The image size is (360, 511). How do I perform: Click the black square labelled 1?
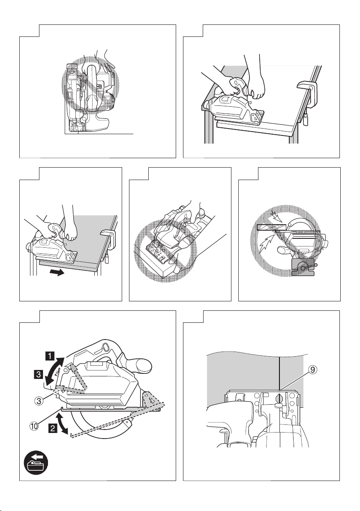(51, 355)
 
